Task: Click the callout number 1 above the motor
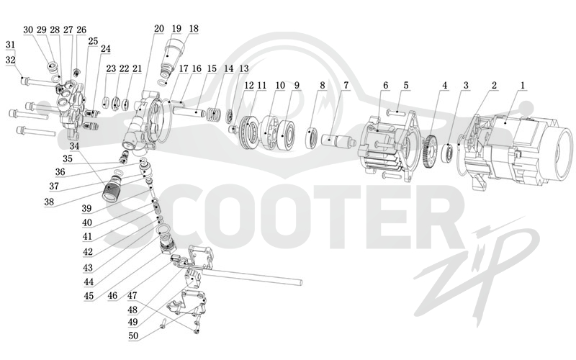pyautogui.click(x=523, y=86)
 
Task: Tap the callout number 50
pyautogui.click(x=133, y=336)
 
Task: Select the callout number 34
pyautogui.click(x=75, y=146)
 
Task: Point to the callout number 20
pyautogui.click(x=158, y=29)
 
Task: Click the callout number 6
pyautogui.click(x=385, y=86)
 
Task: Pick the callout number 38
pyautogui.click(x=49, y=202)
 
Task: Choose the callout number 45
pyautogui.click(x=89, y=296)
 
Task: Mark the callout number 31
pyautogui.click(x=11, y=45)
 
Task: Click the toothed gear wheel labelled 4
pyautogui.click(x=430, y=152)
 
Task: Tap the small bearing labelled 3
pyautogui.click(x=449, y=152)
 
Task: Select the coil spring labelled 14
pyautogui.click(x=212, y=114)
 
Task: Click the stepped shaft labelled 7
pyautogui.click(x=337, y=142)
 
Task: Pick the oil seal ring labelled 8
pyautogui.click(x=313, y=138)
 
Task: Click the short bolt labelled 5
pyautogui.click(x=396, y=112)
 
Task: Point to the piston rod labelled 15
pyautogui.click(x=190, y=112)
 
